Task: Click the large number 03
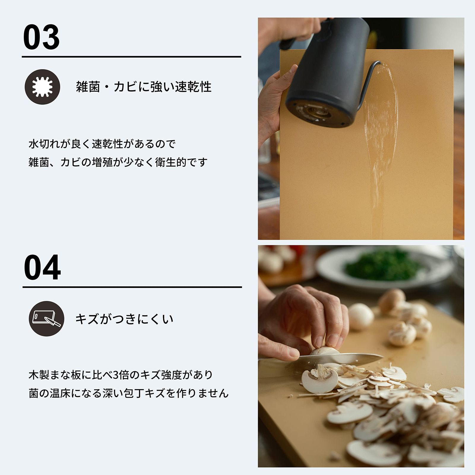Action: click(x=42, y=37)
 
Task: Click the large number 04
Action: click(x=42, y=268)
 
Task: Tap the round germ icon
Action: click(x=42, y=87)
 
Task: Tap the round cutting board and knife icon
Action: click(x=46, y=319)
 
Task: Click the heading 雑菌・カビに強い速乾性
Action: click(x=144, y=87)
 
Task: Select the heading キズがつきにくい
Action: click(x=124, y=319)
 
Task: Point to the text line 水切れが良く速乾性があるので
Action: click(x=102, y=144)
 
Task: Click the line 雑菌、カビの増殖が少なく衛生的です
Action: click(x=118, y=162)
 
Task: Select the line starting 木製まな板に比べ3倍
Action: click(x=121, y=375)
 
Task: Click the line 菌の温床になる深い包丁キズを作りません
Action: click(x=129, y=393)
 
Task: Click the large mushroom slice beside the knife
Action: click(x=319, y=381)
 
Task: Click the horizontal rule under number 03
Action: click(x=131, y=56)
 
